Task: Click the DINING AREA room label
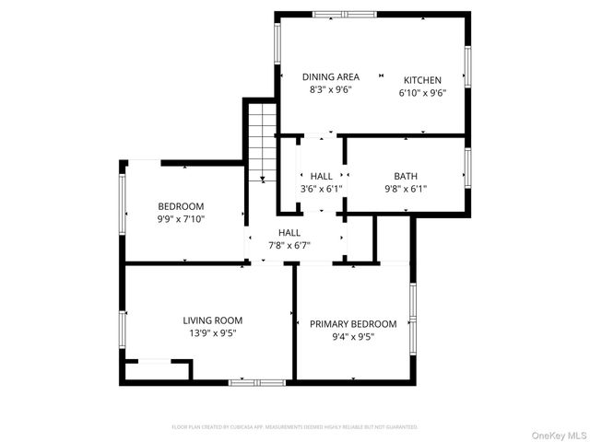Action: point(330,76)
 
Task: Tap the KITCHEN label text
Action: point(422,80)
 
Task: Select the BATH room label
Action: point(405,176)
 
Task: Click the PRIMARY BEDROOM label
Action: point(353,324)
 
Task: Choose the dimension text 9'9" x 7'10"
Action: point(181,219)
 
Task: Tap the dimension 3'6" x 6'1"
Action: point(321,189)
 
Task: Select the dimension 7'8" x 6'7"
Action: point(289,246)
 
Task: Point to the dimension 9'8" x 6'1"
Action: point(405,189)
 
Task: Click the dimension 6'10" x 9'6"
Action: point(422,93)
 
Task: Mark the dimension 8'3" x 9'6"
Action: point(330,89)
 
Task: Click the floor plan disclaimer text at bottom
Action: point(295,427)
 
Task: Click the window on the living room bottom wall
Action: point(257,381)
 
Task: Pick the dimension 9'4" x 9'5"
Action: point(353,337)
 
